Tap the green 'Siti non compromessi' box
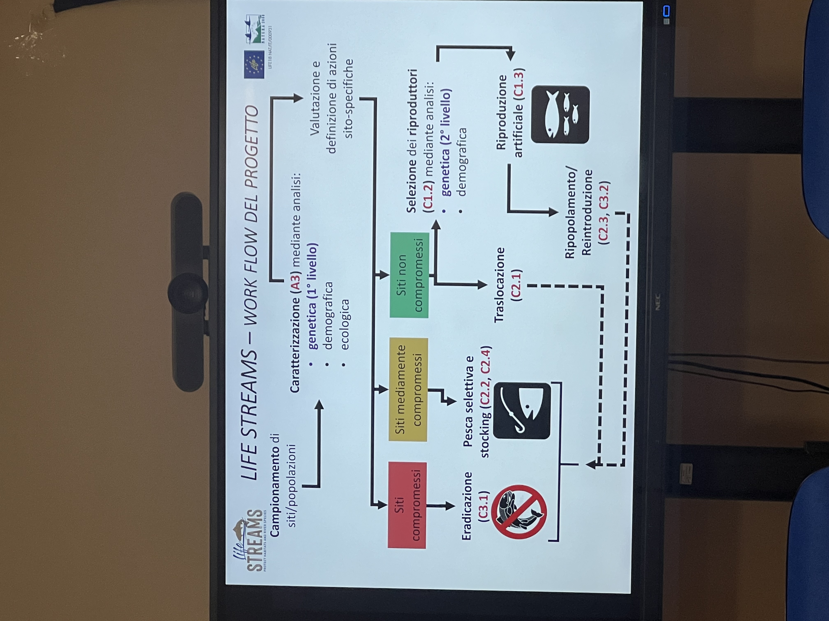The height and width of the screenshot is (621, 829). coord(409,275)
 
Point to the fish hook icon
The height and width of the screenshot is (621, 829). coord(522,411)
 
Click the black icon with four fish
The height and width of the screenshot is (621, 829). coord(560,115)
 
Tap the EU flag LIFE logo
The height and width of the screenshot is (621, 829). coord(254,64)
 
